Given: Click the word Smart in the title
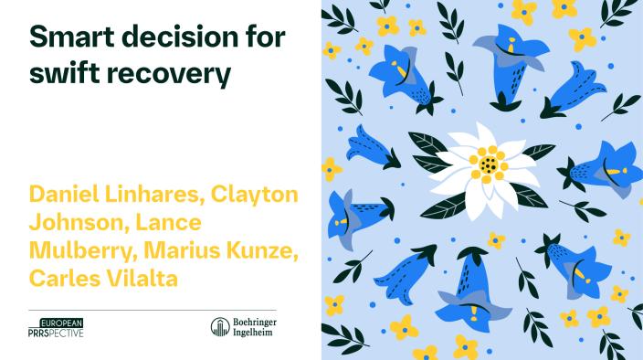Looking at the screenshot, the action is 71,36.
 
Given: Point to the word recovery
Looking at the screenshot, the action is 169,75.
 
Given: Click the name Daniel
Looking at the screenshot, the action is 64,194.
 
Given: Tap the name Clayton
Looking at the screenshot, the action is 254,195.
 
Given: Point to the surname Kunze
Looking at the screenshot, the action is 262,250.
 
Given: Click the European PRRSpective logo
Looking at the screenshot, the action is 56,328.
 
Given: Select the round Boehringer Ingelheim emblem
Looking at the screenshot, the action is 220,327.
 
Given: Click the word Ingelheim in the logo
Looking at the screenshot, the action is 253,333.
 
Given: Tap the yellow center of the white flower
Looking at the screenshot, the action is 489,164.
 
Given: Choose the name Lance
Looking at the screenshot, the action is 169,222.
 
